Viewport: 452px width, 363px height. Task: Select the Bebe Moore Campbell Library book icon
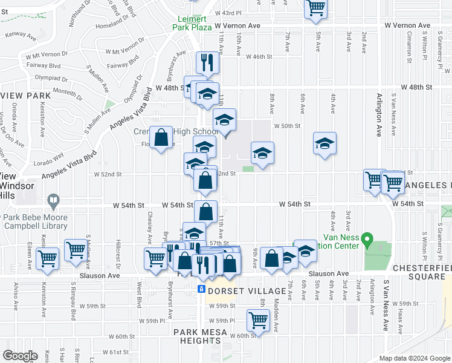(x=53, y=200)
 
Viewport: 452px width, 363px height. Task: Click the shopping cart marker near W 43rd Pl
(x=315, y=8)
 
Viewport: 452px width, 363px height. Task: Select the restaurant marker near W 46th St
(x=207, y=61)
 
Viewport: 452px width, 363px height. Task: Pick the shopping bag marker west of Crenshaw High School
(x=162, y=137)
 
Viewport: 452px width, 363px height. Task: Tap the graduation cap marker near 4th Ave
(x=324, y=143)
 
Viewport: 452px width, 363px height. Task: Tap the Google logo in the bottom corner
(x=20, y=356)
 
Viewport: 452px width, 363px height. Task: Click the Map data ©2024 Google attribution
(x=415, y=358)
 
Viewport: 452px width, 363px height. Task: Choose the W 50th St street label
(x=287, y=126)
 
